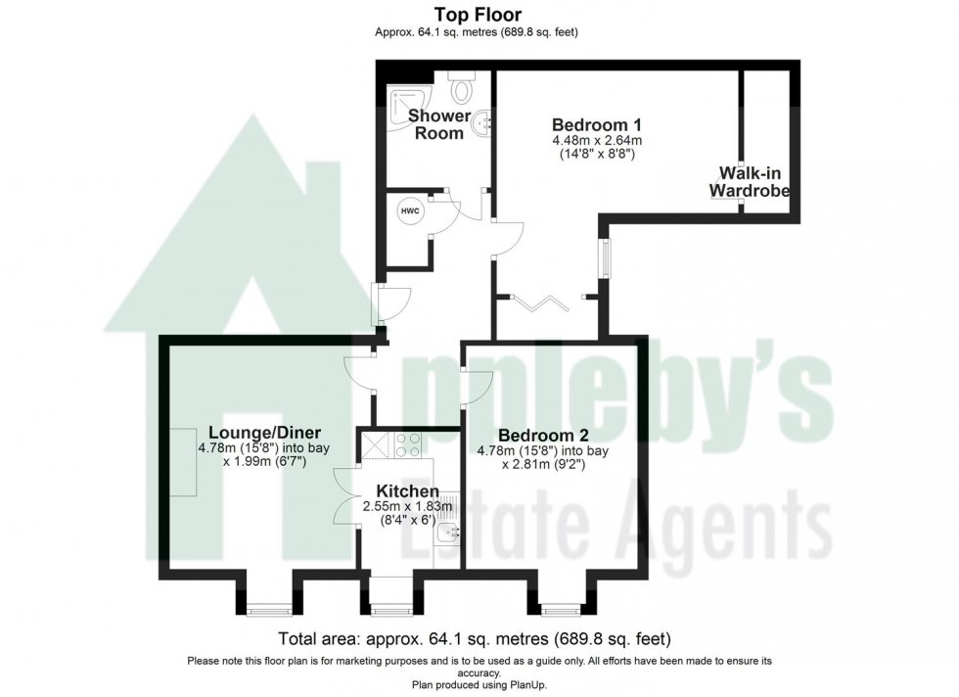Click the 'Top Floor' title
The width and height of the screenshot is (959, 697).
(x=478, y=14)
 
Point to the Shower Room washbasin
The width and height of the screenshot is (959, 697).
(x=485, y=123)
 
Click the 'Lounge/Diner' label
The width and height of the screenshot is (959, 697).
(x=264, y=433)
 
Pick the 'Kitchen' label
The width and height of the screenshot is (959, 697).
(x=407, y=490)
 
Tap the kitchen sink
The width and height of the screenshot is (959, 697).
(x=448, y=533)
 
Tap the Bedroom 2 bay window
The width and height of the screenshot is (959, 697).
(x=560, y=610)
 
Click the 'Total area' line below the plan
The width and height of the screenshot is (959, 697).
(x=475, y=639)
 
